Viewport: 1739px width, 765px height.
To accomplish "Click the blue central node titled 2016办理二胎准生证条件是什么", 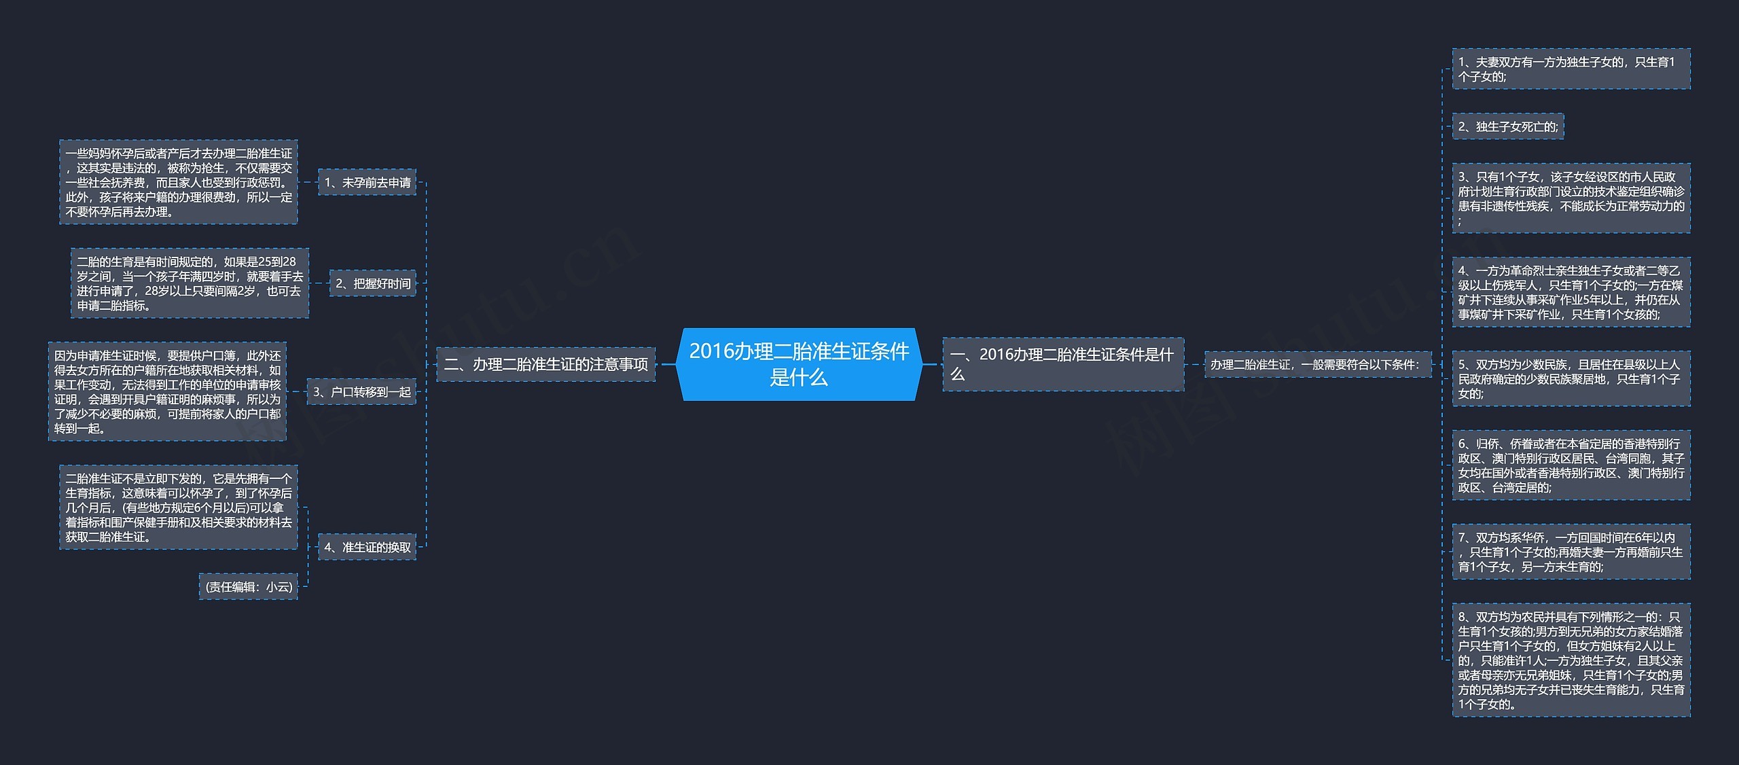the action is [x=799, y=364].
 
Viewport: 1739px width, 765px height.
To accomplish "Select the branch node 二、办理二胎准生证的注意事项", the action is [x=545, y=364].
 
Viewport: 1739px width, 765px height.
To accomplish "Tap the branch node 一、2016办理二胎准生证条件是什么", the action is [x=1062, y=364].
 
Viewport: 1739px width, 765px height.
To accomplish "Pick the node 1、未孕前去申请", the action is [x=367, y=182].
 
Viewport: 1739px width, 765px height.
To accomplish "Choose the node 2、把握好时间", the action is [x=373, y=283].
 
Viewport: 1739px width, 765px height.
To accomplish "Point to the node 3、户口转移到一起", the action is [x=361, y=392].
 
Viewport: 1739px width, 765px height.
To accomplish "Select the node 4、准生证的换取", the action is [x=367, y=547].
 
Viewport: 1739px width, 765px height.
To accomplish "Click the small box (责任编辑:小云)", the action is [x=249, y=586].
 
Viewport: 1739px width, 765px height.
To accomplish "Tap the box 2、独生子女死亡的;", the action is [x=1507, y=126].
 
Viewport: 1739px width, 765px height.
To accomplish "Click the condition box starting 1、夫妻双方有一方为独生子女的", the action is [x=1571, y=69].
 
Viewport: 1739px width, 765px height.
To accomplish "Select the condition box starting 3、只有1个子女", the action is [x=1571, y=198].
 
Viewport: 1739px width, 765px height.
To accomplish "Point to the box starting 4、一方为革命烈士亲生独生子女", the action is [x=1571, y=292].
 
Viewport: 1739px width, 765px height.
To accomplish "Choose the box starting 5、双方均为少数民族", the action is [x=1571, y=378].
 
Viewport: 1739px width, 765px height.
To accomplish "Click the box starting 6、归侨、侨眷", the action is [x=1571, y=465].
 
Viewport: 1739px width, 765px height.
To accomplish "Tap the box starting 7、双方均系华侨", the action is [x=1571, y=552].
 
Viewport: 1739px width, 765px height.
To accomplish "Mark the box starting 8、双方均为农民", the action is [x=1571, y=660].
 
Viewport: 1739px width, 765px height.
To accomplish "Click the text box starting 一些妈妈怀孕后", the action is [x=179, y=182].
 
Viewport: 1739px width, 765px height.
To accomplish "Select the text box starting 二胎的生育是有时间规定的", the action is [x=190, y=283].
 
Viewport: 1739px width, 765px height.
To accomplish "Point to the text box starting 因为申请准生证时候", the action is [x=167, y=391].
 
